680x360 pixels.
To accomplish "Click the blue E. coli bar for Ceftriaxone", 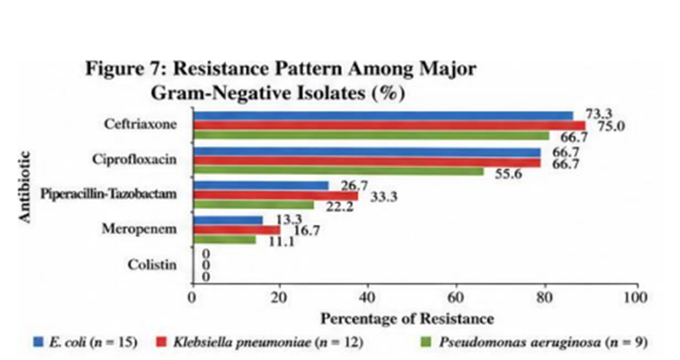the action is tap(383, 115).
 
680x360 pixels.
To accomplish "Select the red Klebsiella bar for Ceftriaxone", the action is tap(389, 126).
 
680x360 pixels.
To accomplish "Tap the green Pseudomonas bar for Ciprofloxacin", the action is tap(338, 172).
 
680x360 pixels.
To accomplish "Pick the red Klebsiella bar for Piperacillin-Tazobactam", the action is tap(276, 195).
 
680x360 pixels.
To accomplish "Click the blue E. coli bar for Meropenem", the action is tap(227, 220).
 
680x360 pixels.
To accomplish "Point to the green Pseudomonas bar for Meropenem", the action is tap(225, 239).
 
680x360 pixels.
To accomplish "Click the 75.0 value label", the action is tap(610, 126).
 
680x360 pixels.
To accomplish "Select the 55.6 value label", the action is tap(508, 174).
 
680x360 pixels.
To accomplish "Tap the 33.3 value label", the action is tap(383, 197).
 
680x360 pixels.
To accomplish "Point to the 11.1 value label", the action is tap(282, 241).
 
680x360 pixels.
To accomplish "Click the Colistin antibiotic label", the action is tap(152, 264).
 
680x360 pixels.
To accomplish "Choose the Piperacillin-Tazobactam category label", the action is tap(108, 194).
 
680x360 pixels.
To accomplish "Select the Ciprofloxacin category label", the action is tap(135, 159).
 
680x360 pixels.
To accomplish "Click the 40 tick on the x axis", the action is tap(368, 298).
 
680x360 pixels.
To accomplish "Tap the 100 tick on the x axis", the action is tap(637, 298).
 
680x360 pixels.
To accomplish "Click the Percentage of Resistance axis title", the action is tap(407, 320).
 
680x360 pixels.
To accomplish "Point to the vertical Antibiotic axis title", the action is tap(26, 187).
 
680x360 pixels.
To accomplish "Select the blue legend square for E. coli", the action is tap(39, 342).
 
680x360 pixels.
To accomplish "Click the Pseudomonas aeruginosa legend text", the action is tap(520, 342).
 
